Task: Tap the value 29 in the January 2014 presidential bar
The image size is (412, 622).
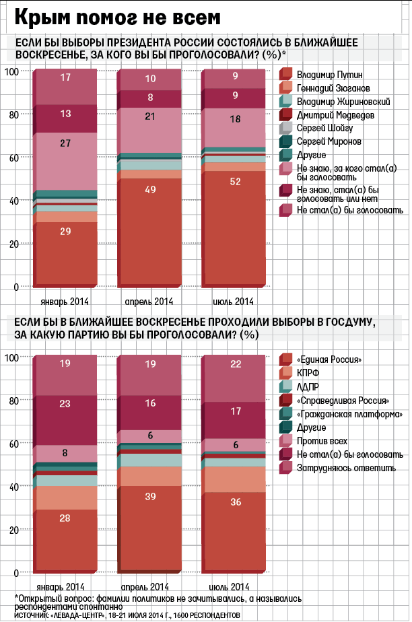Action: coord(65,232)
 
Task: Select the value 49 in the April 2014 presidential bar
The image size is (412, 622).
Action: coord(151,191)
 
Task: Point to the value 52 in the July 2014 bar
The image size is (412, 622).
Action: coord(235,182)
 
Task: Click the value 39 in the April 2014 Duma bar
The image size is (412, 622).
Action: coord(151,496)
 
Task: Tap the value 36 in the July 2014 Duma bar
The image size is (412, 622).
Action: coord(235,502)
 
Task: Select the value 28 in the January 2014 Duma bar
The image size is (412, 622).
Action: coord(65,517)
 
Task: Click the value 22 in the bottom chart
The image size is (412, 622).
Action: coord(235,364)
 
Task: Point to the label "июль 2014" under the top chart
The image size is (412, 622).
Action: coord(234,301)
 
